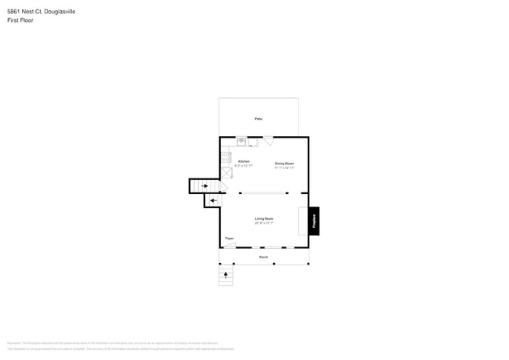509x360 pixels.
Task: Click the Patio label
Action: (258, 119)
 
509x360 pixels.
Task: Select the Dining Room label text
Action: (284, 164)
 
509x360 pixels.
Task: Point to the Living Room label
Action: (264, 218)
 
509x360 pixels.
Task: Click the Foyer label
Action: (229, 238)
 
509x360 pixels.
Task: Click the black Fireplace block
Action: (314, 221)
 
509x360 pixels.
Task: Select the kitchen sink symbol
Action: (242, 142)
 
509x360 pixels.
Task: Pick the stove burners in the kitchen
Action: (226, 157)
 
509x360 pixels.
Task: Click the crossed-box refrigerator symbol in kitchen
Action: (226, 173)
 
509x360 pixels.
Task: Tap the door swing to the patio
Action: (268, 142)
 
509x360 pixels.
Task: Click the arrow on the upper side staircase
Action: (205, 185)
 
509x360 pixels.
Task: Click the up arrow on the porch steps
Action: (226, 275)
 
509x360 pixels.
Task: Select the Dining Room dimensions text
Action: (284, 167)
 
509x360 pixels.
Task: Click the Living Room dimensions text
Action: (264, 223)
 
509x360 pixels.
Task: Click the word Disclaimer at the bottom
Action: (14, 343)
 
